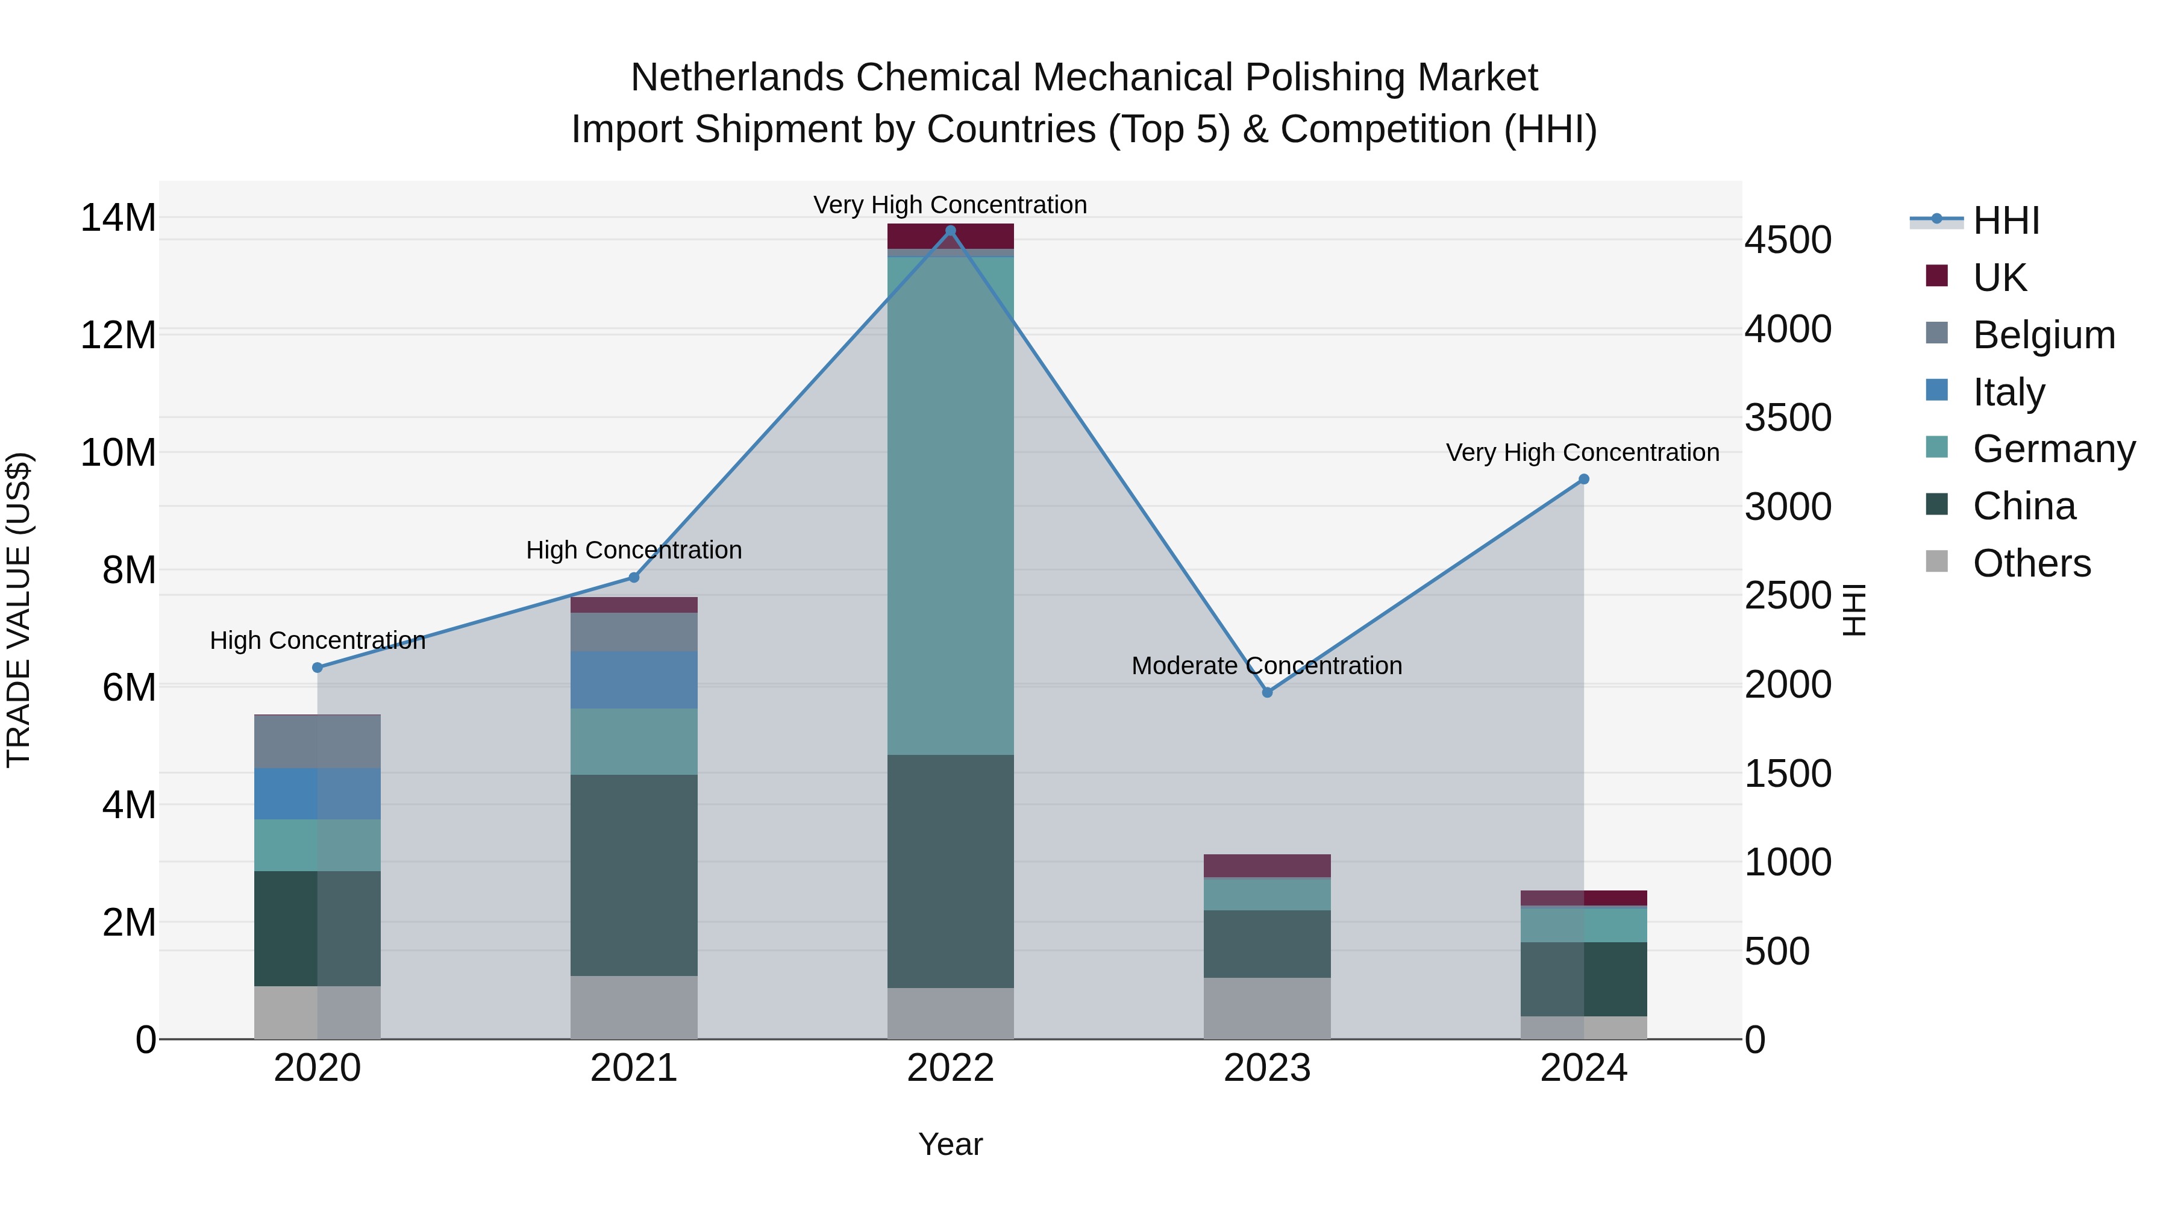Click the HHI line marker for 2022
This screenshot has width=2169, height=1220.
pyautogui.click(x=951, y=231)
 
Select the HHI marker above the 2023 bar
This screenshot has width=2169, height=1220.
pyautogui.click(x=1267, y=692)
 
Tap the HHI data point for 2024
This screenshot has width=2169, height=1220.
pyautogui.click(x=1584, y=479)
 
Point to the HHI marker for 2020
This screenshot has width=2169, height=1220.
pyautogui.click(x=318, y=668)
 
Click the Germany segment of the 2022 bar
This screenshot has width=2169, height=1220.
pyautogui.click(x=951, y=505)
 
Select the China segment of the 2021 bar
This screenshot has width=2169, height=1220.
pyautogui.click(x=634, y=875)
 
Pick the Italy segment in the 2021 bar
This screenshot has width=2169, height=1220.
pyautogui.click(x=634, y=680)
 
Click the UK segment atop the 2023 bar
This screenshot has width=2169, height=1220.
pyautogui.click(x=1267, y=866)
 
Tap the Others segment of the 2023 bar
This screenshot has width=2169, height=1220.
pyautogui.click(x=1267, y=1008)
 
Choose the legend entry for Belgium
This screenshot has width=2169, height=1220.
pyautogui.click(x=2044, y=334)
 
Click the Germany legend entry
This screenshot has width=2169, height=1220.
pyautogui.click(x=2054, y=449)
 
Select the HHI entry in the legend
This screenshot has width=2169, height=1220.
pyautogui.click(x=2006, y=221)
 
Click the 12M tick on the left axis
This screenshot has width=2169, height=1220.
pyautogui.click(x=118, y=335)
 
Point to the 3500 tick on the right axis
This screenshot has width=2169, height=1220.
pyautogui.click(x=1788, y=418)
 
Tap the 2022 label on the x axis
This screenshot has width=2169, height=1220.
pyautogui.click(x=951, y=1068)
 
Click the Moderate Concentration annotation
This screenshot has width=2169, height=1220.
pyautogui.click(x=1266, y=665)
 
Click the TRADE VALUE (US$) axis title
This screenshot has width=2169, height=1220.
pyautogui.click(x=19, y=610)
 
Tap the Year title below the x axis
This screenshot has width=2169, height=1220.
pyautogui.click(x=951, y=1144)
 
